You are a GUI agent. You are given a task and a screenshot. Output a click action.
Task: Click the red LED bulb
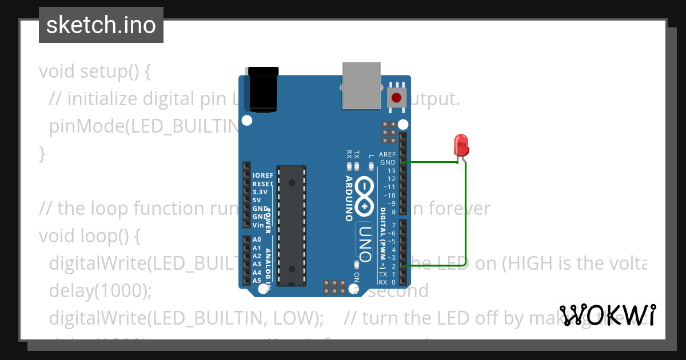pos(461,145)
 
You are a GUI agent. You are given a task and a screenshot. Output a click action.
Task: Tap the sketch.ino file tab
pos(101,25)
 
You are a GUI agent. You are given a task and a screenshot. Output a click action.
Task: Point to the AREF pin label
pos(387,154)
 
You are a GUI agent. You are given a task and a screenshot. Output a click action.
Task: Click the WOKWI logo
pos(608,315)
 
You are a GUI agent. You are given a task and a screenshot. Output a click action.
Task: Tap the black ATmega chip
pos(292,225)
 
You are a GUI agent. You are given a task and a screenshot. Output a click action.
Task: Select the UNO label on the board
pos(365,240)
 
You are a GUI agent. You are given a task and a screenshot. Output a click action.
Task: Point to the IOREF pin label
pos(263,175)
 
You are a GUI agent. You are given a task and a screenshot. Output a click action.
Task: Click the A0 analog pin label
pos(257,240)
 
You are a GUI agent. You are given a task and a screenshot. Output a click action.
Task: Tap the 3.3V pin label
pos(261,192)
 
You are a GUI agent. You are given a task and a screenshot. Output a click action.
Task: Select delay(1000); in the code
pos(101,290)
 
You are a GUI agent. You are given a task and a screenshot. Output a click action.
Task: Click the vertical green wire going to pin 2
pos(465,217)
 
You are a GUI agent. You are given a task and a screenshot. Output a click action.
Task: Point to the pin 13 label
pos(392,171)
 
